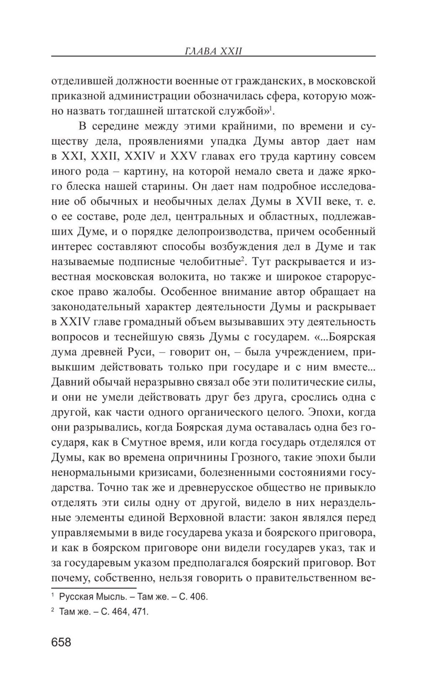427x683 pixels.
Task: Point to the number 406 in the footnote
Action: click(x=198, y=597)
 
